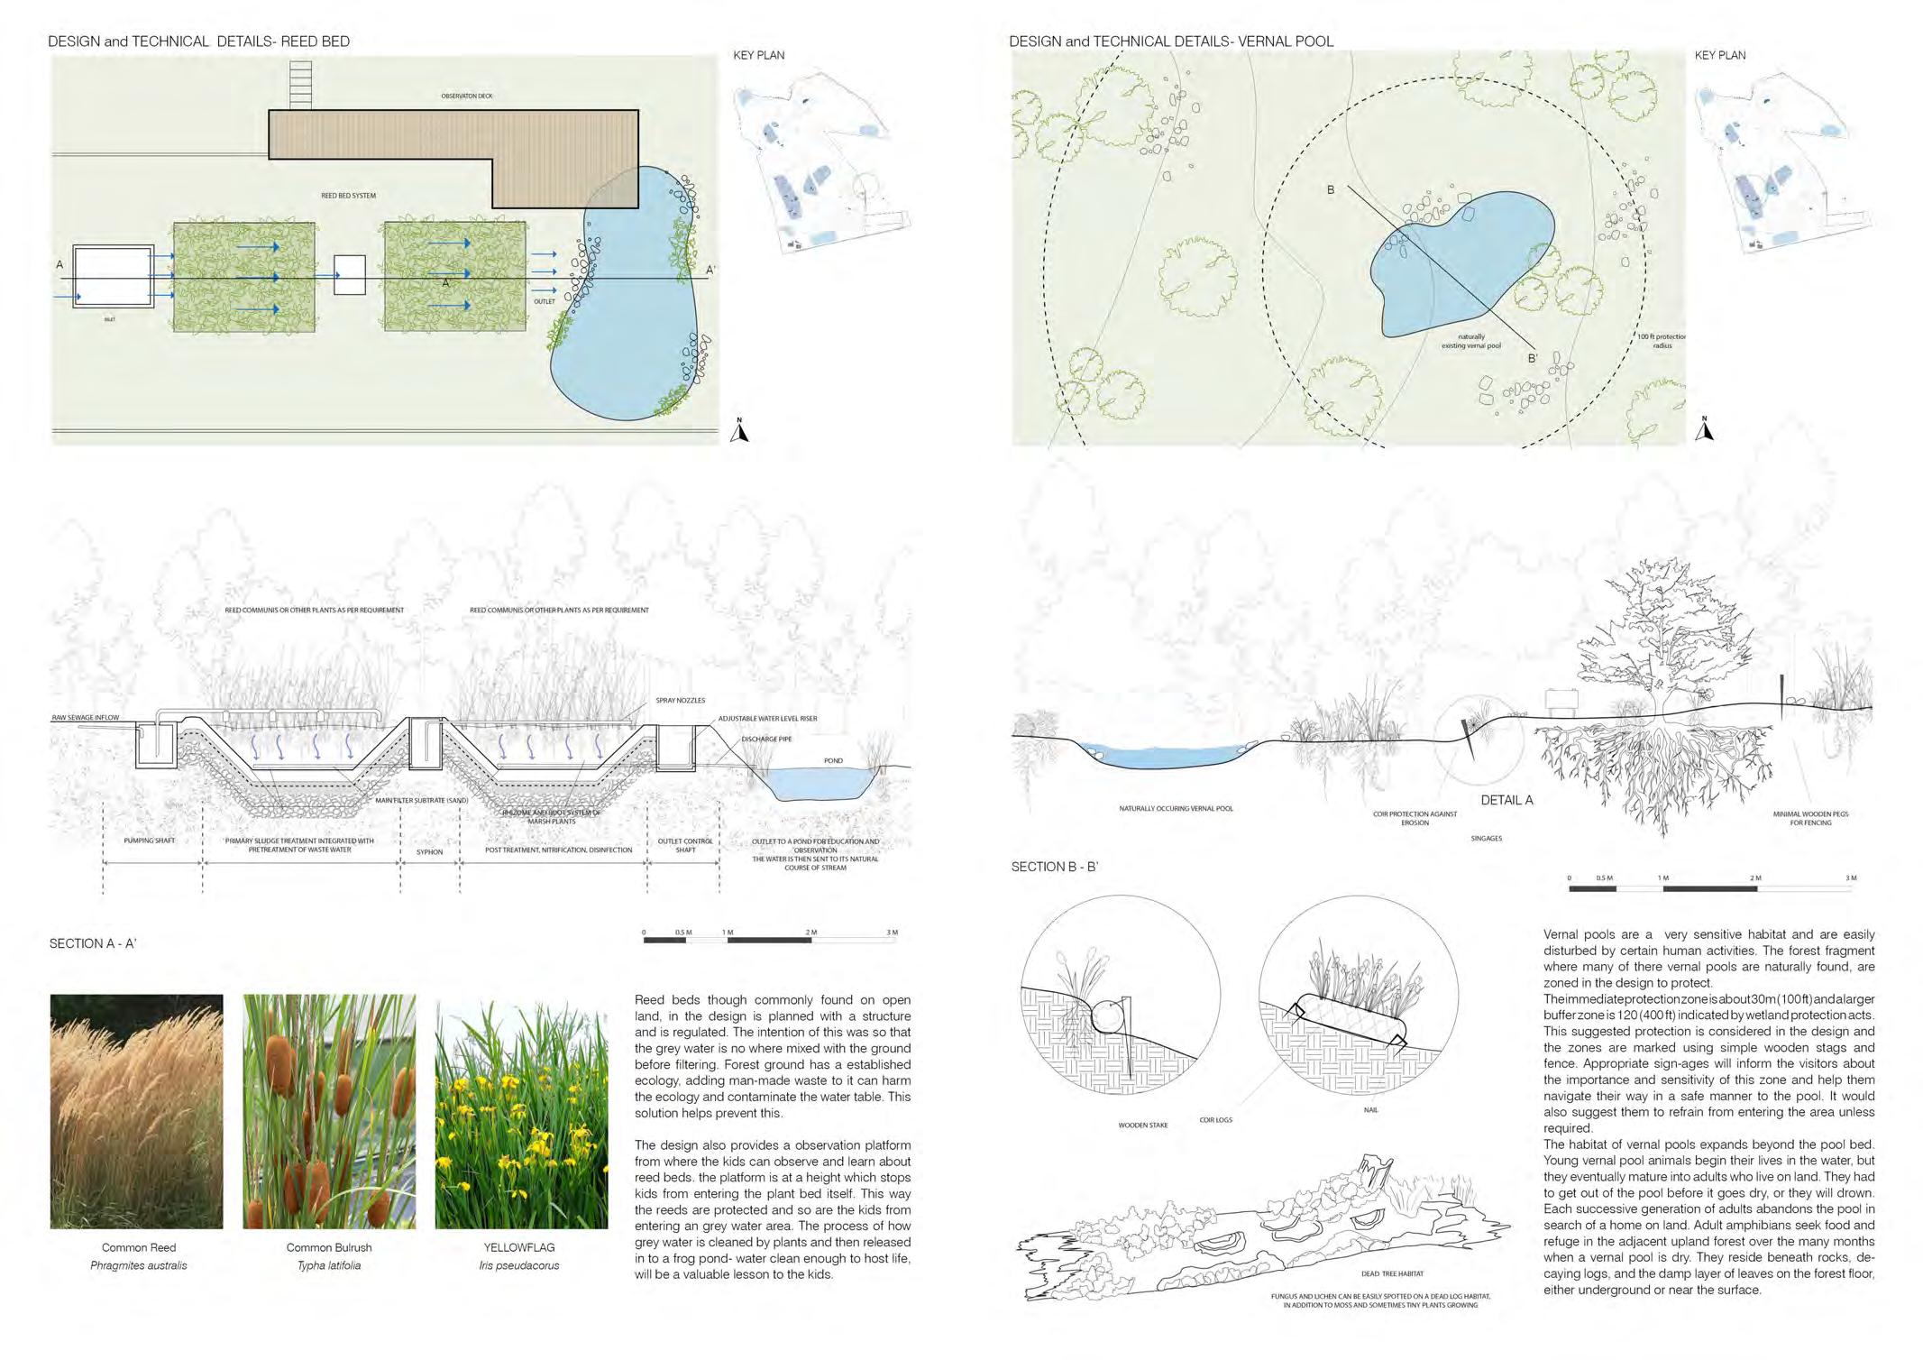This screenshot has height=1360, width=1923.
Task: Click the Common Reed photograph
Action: coord(136,1111)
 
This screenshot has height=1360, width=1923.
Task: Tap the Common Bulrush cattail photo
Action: coord(329,1111)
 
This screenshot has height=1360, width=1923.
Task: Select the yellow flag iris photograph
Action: coord(521,1111)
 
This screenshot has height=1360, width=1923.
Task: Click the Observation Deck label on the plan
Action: coord(466,96)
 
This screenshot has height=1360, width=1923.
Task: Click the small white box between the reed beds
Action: coord(350,275)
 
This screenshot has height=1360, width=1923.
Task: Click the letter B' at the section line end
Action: coord(1532,359)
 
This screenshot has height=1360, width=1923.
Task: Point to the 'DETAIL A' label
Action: coord(1506,800)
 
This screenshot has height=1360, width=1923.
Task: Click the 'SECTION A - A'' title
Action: coord(93,943)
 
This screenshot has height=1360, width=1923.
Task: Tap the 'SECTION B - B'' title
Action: coord(1054,867)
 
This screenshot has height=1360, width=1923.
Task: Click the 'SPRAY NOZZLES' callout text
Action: coord(681,701)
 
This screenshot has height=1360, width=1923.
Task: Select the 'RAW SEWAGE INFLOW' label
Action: coord(85,718)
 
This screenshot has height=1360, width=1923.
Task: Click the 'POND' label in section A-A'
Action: coord(833,760)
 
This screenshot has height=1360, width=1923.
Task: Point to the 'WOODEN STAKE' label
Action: coord(1142,1150)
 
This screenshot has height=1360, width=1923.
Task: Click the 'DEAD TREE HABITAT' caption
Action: coord(1392,1273)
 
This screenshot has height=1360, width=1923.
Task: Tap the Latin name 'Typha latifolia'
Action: coord(329,1265)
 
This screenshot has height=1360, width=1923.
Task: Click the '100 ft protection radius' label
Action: coord(1662,341)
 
